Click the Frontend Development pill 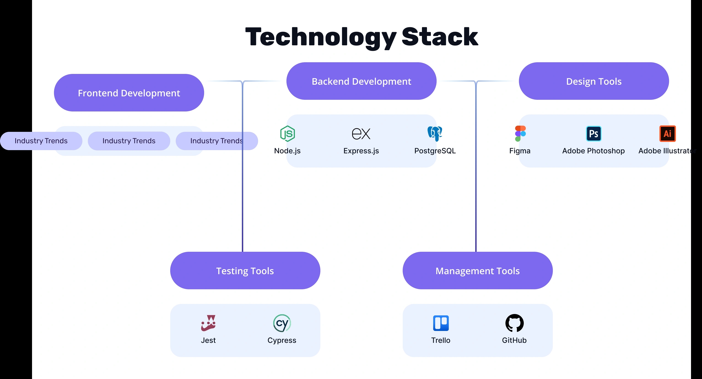click(x=129, y=93)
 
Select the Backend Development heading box click(x=361, y=81)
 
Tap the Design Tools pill click(x=594, y=81)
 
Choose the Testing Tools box click(x=245, y=271)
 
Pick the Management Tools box click(x=478, y=271)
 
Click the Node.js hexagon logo click(x=287, y=134)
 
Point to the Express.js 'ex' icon click(x=361, y=134)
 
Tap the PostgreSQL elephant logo click(x=435, y=134)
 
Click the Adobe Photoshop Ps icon click(x=594, y=134)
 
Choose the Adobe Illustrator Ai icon click(x=667, y=134)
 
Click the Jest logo click(x=208, y=323)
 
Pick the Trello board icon click(x=441, y=323)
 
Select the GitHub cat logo click(x=514, y=323)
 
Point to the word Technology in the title click(x=321, y=38)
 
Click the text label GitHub click(x=514, y=340)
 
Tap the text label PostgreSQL click(x=435, y=151)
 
